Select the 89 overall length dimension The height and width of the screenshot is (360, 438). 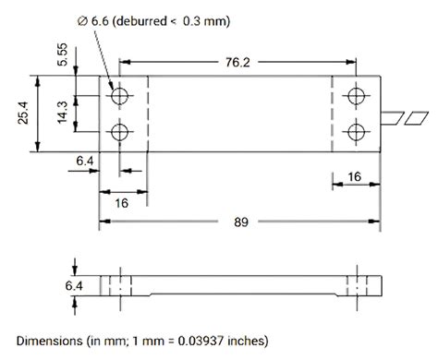[239, 222]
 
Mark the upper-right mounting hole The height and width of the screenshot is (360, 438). [355, 96]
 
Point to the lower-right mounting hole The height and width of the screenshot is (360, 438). [355, 133]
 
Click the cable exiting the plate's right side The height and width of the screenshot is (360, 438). [406, 116]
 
